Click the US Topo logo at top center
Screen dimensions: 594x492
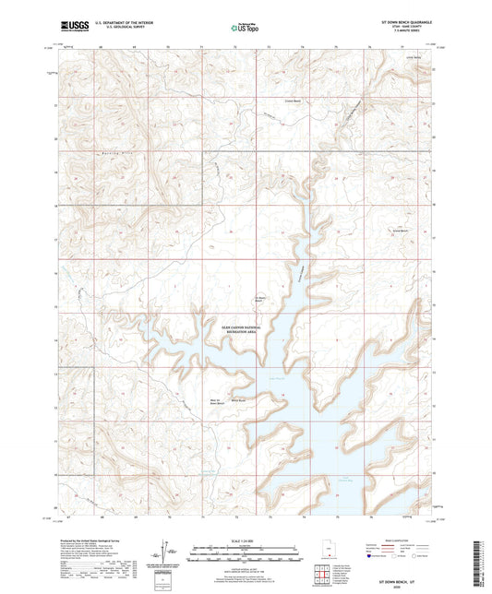pos(241,28)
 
